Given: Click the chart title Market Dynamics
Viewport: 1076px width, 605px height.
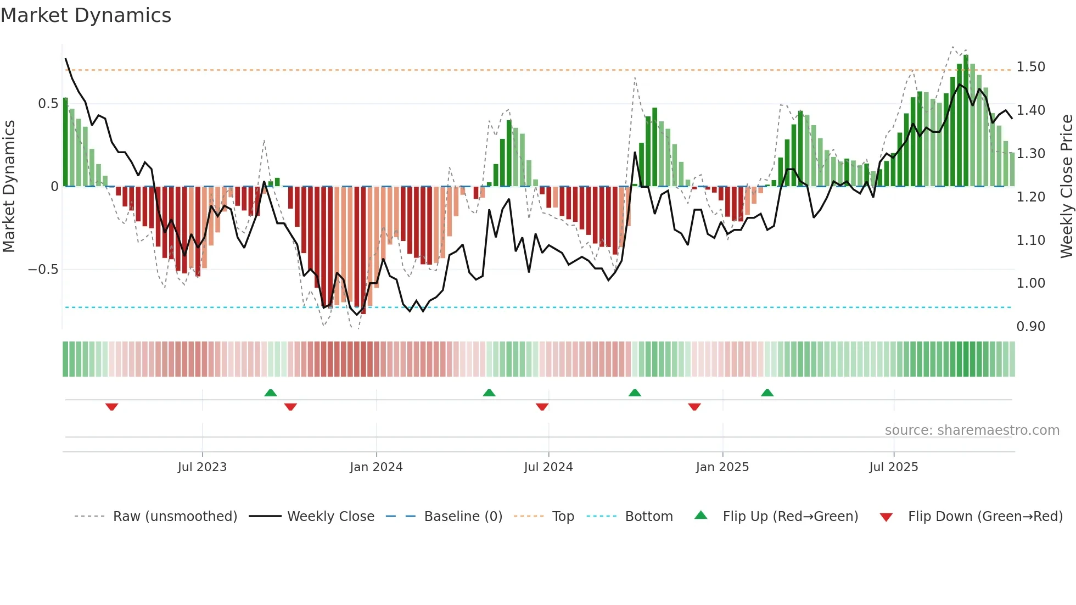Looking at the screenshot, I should click(x=86, y=15).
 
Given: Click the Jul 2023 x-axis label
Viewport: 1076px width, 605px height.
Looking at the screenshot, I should click(x=202, y=467).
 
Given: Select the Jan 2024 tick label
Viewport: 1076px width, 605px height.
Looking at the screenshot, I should click(x=376, y=467).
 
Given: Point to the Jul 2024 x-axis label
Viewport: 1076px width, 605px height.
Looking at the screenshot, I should click(x=548, y=467).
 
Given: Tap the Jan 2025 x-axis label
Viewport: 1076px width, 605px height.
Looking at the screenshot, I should click(x=722, y=467).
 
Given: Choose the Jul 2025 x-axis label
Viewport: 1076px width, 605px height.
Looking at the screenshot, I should click(x=893, y=467).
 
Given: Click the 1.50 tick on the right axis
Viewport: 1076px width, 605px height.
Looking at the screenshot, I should click(x=1030, y=67).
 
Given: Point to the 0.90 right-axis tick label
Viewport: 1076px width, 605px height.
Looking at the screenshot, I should click(x=1030, y=327).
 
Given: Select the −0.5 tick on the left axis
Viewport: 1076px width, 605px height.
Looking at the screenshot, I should click(x=43, y=270).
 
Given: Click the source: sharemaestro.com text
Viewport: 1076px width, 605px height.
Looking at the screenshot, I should click(x=972, y=430).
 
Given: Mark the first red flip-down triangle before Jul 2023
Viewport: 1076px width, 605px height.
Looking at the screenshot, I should click(x=111, y=407).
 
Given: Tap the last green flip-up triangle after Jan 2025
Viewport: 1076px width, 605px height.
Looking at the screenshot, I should click(x=767, y=393).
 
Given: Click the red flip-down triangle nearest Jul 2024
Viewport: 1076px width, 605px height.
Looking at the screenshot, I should click(x=542, y=407).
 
